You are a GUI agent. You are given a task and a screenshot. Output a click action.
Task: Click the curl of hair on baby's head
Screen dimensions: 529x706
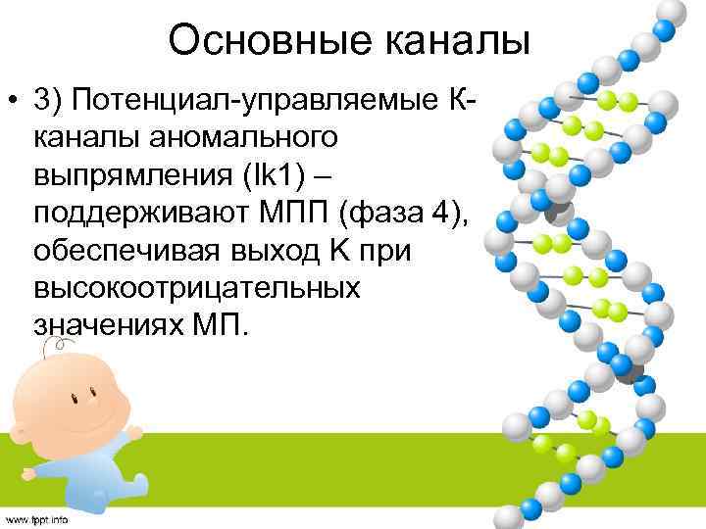click(60, 345)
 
